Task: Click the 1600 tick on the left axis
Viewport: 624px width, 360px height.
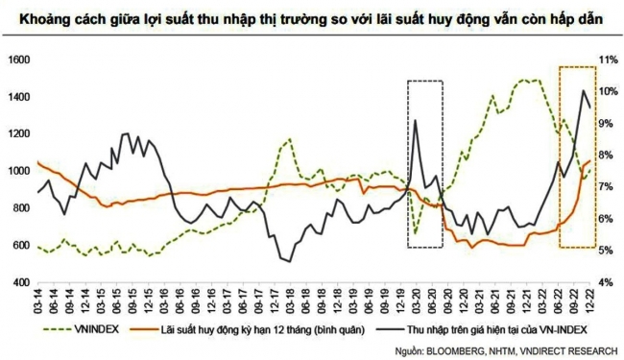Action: click(x=17, y=60)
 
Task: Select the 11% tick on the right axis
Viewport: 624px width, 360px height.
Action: click(x=606, y=60)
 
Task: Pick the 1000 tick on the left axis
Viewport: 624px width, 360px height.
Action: click(x=17, y=171)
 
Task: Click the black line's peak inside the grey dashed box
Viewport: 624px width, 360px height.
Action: click(x=416, y=121)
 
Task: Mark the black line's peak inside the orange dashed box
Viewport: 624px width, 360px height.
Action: click(x=583, y=90)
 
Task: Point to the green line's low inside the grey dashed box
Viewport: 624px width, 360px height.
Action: click(x=417, y=232)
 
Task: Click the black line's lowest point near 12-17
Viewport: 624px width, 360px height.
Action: click(x=288, y=260)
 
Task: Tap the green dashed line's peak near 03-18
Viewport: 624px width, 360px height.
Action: click(x=289, y=140)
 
